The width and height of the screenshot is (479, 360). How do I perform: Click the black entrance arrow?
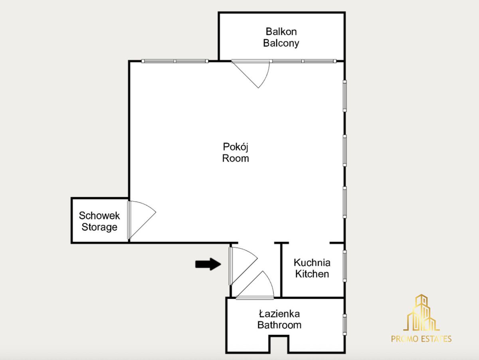tap(208, 264)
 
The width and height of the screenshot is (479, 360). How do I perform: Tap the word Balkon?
tap(281, 32)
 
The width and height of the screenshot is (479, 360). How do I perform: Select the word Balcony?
tap(281, 43)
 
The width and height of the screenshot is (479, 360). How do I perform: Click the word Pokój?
tap(236, 147)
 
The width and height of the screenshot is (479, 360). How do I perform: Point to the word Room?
tap(236, 158)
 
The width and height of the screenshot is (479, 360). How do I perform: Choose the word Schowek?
tap(99, 216)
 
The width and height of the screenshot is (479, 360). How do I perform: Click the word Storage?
tap(99, 227)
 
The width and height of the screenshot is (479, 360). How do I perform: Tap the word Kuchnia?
tap(312, 263)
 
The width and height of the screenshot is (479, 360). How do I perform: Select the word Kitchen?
tap(312, 274)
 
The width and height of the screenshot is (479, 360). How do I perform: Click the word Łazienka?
tap(279, 314)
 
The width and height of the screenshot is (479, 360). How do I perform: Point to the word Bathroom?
tap(279, 325)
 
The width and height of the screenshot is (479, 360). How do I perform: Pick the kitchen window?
tap(344, 266)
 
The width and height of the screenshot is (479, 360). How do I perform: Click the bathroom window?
tap(344, 324)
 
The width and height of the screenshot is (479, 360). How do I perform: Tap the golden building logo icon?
tap(421, 313)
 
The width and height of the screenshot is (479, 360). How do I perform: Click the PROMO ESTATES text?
tap(421, 339)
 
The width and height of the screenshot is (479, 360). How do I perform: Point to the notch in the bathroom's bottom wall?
tap(279, 345)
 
